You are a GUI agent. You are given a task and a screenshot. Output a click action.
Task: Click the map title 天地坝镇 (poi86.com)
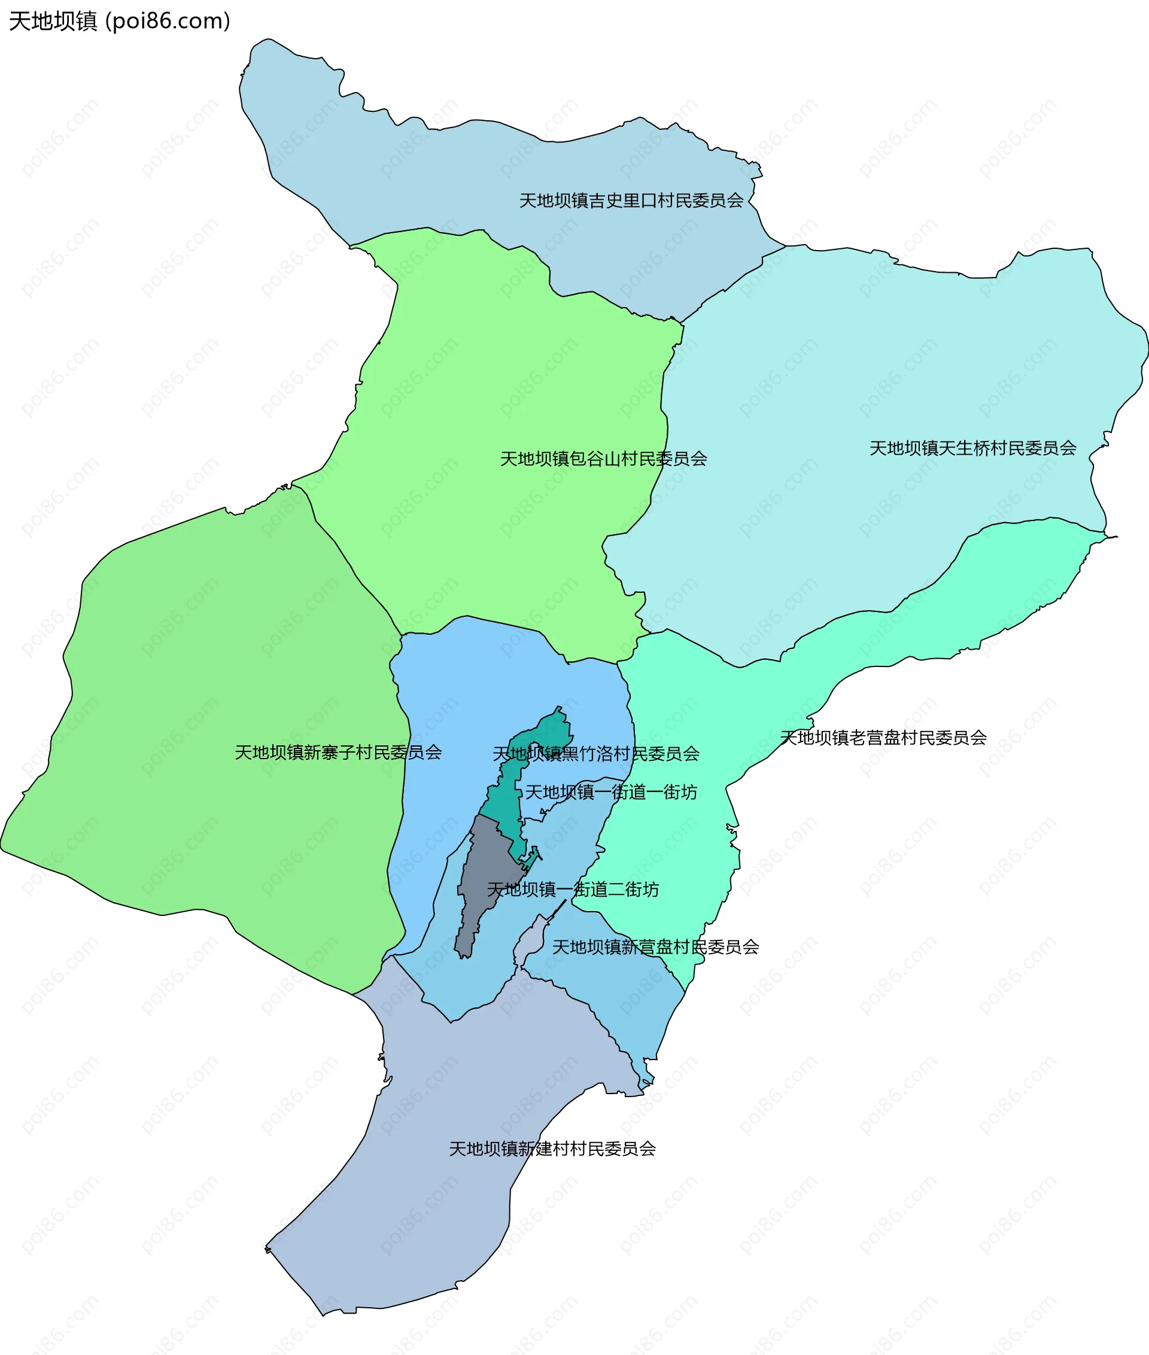click(x=119, y=22)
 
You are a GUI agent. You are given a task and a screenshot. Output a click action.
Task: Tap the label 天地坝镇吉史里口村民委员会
click(x=631, y=200)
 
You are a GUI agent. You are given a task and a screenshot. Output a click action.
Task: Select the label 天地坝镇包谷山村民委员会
click(x=603, y=459)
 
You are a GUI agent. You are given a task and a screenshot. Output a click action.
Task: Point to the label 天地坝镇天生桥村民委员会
click(x=972, y=448)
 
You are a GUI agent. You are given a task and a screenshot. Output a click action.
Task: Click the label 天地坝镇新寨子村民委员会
click(x=338, y=753)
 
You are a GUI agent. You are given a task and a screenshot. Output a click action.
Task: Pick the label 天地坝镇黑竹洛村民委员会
click(x=596, y=754)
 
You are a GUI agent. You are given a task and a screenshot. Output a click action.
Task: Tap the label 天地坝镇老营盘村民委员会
click(x=883, y=738)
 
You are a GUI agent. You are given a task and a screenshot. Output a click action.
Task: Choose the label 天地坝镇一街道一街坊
click(x=611, y=793)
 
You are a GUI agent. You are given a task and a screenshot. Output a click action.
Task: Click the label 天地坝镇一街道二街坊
click(x=573, y=890)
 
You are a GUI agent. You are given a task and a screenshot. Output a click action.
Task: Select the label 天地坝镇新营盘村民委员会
click(x=655, y=948)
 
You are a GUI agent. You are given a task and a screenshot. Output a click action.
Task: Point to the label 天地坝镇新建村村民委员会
click(x=552, y=1149)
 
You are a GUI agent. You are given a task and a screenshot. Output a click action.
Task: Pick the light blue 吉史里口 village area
click(x=456, y=176)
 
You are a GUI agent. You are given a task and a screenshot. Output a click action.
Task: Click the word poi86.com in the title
click(x=168, y=22)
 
